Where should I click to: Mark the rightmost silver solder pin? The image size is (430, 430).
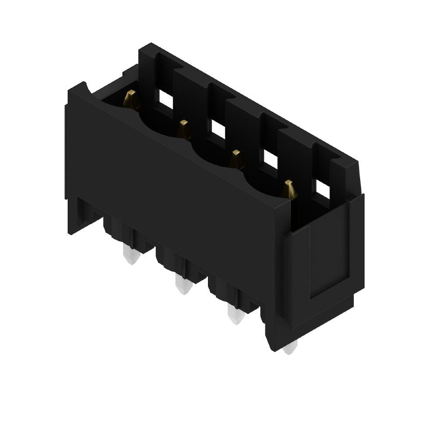(289, 348)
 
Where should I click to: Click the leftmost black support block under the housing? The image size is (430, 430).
(116, 228)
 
